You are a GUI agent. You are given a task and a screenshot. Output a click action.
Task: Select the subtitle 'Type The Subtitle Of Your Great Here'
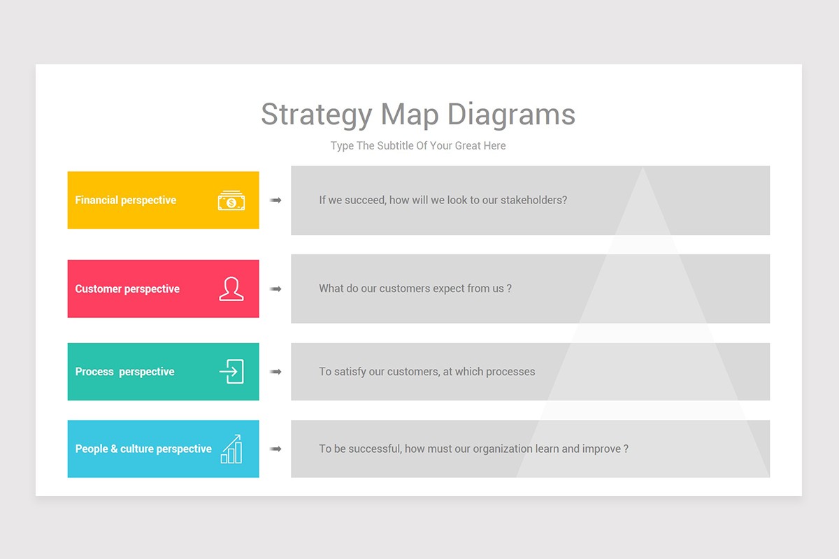418,145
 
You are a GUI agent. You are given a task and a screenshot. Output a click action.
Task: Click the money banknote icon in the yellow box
231,201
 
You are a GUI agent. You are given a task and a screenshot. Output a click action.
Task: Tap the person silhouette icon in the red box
231,289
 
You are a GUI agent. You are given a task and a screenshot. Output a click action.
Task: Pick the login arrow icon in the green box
231,372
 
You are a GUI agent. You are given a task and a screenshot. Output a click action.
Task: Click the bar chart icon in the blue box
231,449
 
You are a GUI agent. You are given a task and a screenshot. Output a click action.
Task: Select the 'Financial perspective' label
125,201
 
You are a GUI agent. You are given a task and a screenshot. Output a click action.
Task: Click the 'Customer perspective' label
127,289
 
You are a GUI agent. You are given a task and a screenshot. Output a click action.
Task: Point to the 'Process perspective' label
124,372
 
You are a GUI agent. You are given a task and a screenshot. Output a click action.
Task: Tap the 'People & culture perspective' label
143,449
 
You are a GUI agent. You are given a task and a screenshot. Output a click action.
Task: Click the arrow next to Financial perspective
275,201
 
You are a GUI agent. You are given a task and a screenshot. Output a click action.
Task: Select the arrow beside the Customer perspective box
275,289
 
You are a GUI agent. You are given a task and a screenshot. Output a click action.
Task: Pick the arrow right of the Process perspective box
275,372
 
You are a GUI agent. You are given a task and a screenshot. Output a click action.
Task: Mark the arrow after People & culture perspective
275,449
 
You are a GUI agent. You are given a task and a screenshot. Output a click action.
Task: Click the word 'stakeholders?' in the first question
533,200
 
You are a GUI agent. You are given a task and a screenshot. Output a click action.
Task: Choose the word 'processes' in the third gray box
510,372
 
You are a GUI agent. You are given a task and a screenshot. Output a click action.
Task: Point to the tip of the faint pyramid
643,167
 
